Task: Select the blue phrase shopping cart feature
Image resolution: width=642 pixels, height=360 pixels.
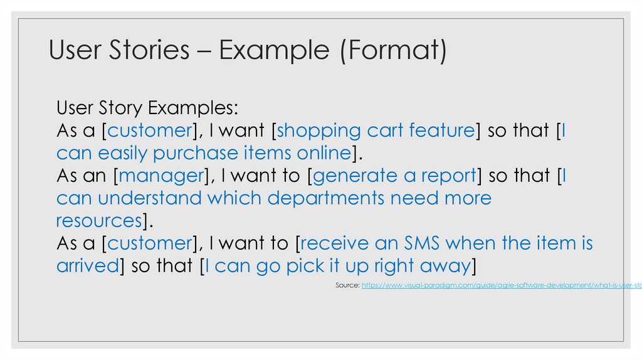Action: pyautogui.click(x=375, y=130)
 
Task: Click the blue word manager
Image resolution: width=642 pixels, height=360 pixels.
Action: pyautogui.click(x=160, y=176)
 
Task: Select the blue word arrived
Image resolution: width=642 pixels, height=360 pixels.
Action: pyautogui.click(x=87, y=265)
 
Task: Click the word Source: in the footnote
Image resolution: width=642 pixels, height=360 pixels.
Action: pyautogui.click(x=348, y=285)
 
